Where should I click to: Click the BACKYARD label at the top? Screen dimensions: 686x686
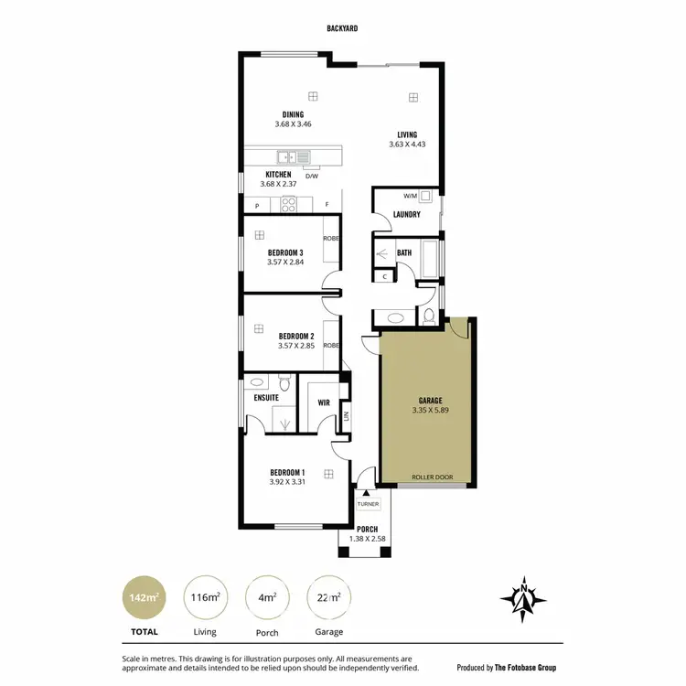tap(342, 29)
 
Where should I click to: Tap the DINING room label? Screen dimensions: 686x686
tap(294, 114)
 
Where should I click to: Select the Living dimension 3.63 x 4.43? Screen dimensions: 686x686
tap(407, 145)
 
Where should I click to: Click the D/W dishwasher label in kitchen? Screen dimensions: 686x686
tap(311, 177)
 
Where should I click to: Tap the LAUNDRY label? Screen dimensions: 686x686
tap(406, 215)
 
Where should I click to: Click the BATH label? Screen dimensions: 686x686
tap(404, 252)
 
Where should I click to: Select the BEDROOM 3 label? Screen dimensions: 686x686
tap(285, 252)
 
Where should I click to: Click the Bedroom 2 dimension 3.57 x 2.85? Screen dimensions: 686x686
tap(295, 346)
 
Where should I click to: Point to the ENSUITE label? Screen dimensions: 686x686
tap(266, 398)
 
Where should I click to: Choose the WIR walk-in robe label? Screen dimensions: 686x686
tap(323, 402)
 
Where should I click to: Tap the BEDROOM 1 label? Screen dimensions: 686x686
tap(287, 472)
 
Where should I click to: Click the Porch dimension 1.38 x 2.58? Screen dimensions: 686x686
tap(368, 539)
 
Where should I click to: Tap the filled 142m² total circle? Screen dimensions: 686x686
tap(145, 598)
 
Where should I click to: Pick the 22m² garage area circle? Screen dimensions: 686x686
tap(329, 598)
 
